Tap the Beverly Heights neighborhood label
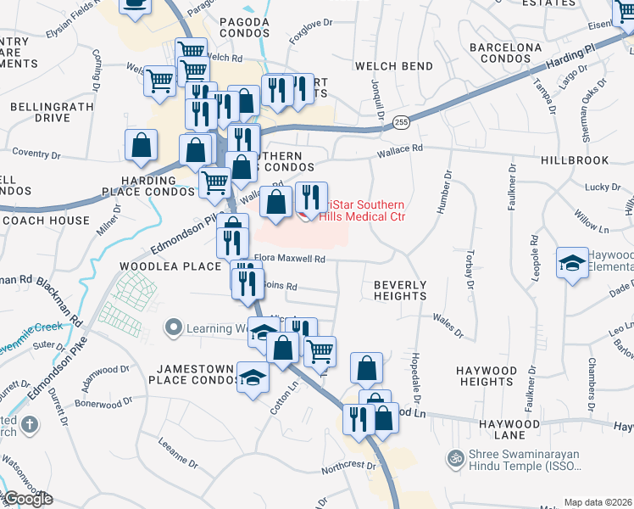pyautogui.click(x=400, y=290)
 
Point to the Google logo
pyautogui.click(x=27, y=499)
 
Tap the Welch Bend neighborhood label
pyautogui.click(x=394, y=66)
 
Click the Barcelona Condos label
pyautogui.click(x=505, y=53)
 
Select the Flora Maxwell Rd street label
pyautogui.click(x=290, y=260)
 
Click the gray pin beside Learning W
pyautogui.click(x=175, y=327)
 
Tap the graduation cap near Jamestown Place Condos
pyautogui.click(x=253, y=376)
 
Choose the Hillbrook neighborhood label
pyautogui.click(x=574, y=159)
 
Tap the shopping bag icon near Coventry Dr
pyautogui.click(x=141, y=145)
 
